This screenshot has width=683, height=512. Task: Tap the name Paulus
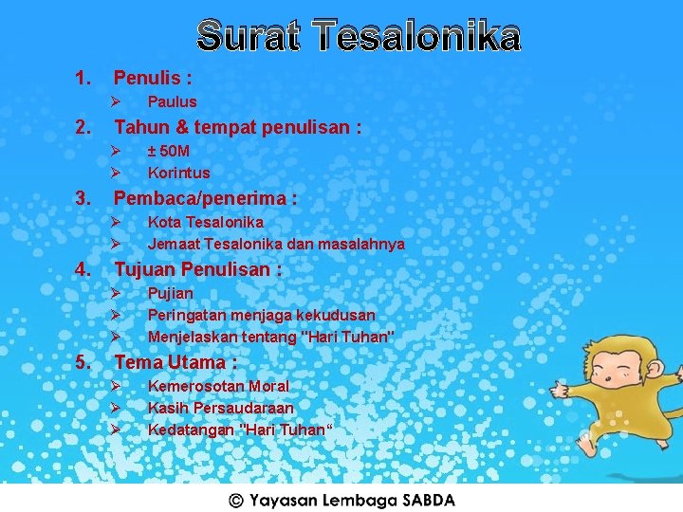click(x=172, y=101)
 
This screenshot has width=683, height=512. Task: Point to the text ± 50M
click(x=169, y=151)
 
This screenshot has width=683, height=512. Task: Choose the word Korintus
click(x=178, y=173)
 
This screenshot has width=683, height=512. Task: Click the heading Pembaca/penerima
click(x=205, y=198)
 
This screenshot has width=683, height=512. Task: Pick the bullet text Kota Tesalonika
click(x=205, y=222)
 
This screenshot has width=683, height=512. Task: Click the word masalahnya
click(x=363, y=244)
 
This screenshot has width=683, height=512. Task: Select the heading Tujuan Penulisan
click(x=197, y=270)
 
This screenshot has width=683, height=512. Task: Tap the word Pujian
click(x=171, y=293)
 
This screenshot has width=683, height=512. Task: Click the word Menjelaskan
click(x=193, y=336)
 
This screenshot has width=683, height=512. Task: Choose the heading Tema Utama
click(x=175, y=362)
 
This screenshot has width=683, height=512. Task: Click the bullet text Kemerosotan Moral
click(x=218, y=386)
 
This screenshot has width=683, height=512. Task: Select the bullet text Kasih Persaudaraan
click(x=220, y=408)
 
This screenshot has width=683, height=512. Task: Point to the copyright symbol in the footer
click(x=236, y=500)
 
